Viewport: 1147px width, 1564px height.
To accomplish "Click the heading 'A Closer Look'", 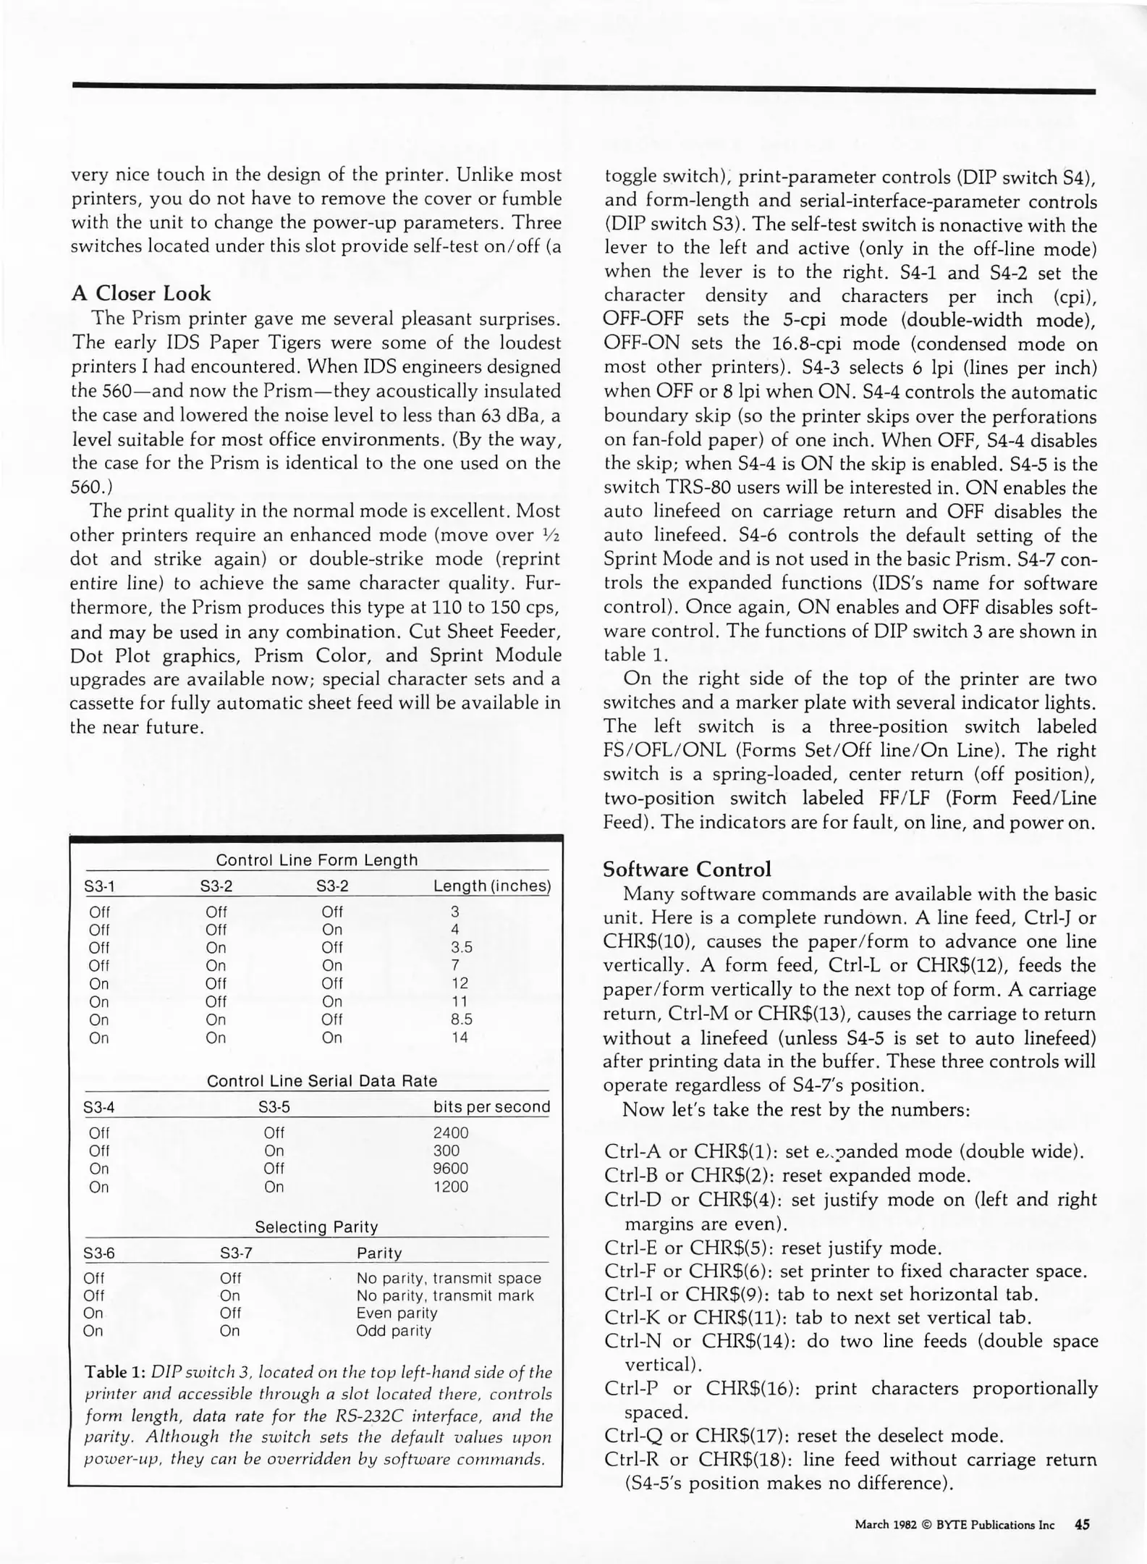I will point(141,293).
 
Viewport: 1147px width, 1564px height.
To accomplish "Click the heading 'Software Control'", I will point(687,869).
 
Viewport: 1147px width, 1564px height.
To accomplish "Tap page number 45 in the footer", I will point(1082,1524).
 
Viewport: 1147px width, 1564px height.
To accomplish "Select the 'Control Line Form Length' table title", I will point(317,860).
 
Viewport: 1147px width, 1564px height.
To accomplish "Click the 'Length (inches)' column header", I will point(491,886).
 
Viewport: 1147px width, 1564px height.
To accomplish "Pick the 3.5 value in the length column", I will point(462,947).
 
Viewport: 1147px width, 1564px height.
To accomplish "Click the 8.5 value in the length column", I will point(461,1019).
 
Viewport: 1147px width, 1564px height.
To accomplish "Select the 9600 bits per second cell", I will point(450,1169).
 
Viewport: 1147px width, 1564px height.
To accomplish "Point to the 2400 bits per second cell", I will point(450,1132).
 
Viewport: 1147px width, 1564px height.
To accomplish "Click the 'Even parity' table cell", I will point(396,1313).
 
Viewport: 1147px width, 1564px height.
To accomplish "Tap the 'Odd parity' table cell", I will point(393,1331).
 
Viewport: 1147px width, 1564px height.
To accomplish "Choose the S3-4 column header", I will point(99,1107).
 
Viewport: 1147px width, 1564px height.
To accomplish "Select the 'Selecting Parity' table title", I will point(316,1227).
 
